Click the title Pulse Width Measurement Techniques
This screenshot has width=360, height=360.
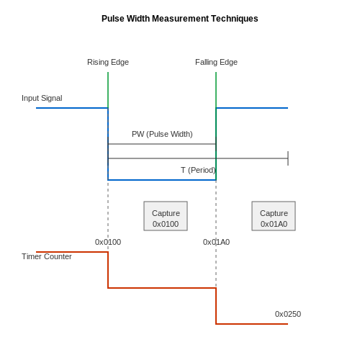click(180, 19)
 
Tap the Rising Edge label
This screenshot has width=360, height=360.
click(108, 62)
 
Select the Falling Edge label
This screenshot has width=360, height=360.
click(216, 62)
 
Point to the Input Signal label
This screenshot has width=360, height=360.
click(42, 98)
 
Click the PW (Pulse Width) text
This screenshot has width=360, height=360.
click(162, 134)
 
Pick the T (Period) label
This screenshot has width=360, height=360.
click(198, 170)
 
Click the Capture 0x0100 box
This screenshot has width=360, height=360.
click(166, 216)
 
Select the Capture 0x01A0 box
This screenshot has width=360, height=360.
click(274, 216)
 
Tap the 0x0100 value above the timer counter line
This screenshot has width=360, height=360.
click(108, 242)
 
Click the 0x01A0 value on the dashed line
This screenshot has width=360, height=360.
click(216, 242)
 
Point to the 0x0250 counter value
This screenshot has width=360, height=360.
click(288, 314)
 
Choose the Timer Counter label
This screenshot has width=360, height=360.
click(47, 256)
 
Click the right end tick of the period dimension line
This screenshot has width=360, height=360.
click(288, 158)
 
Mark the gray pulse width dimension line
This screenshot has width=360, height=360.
click(162, 144)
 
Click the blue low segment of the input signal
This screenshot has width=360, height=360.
click(162, 180)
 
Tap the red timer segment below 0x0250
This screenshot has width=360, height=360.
click(252, 324)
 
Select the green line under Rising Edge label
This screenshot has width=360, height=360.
click(108, 90)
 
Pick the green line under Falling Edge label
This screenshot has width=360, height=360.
click(216, 126)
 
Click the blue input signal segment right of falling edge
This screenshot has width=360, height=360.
click(252, 108)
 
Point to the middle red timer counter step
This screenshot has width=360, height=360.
click(162, 288)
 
